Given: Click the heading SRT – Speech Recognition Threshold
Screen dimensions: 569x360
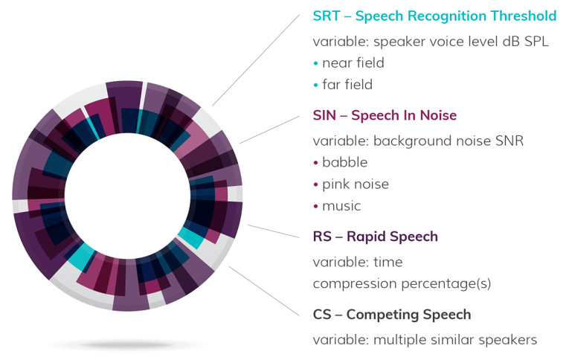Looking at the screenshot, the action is coord(434,16).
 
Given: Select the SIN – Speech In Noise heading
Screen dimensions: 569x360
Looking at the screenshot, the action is coord(385,115).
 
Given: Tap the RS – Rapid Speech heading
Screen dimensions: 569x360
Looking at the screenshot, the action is coord(375,237).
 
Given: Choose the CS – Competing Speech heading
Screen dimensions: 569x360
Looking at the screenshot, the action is coord(392,315).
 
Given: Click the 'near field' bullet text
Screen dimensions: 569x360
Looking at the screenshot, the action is coord(353,62).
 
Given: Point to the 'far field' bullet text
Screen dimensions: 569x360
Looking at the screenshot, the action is coord(347,85).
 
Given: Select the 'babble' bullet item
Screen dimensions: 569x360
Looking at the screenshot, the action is coord(344,162).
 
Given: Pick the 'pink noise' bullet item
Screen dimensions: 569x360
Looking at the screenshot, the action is coord(356,184).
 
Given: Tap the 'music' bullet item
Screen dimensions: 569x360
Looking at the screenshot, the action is coord(341,206).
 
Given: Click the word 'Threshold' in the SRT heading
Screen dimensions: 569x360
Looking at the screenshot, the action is coord(524,16).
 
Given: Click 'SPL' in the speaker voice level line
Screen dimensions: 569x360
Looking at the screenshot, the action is coord(536,42).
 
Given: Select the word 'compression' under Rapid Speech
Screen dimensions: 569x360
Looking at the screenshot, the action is coord(355,284).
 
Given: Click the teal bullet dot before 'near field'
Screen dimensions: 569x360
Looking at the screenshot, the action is coord(315,63).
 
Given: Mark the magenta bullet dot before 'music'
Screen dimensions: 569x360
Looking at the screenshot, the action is coord(315,207).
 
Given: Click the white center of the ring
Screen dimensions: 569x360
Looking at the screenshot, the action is coord(127,196).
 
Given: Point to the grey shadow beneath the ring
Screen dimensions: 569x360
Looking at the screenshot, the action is coord(127,344).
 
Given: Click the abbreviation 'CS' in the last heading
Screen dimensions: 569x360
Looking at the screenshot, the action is coord(322,315).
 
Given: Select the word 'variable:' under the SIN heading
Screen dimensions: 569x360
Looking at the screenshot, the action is coord(341,141).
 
